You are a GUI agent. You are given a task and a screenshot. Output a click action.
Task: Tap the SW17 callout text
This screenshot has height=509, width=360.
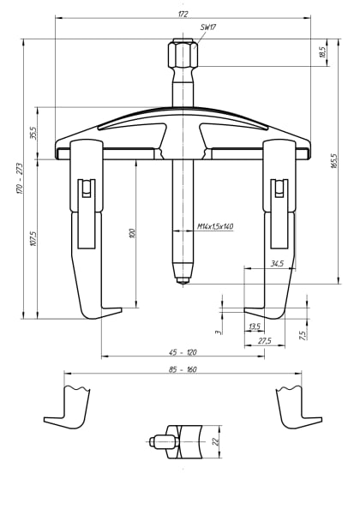(207, 27)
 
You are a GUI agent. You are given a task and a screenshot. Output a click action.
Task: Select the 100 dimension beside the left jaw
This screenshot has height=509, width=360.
(132, 233)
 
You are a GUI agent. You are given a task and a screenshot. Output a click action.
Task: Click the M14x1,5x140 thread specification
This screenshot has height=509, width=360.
(215, 226)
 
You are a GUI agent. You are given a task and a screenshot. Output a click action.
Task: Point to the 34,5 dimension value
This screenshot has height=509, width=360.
(276, 263)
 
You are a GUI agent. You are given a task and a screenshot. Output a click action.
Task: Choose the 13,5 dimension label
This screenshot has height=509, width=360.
(254, 326)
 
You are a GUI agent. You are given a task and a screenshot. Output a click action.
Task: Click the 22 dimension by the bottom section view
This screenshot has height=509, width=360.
(215, 441)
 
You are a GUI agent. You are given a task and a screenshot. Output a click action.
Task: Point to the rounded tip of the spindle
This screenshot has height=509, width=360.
(183, 278)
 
